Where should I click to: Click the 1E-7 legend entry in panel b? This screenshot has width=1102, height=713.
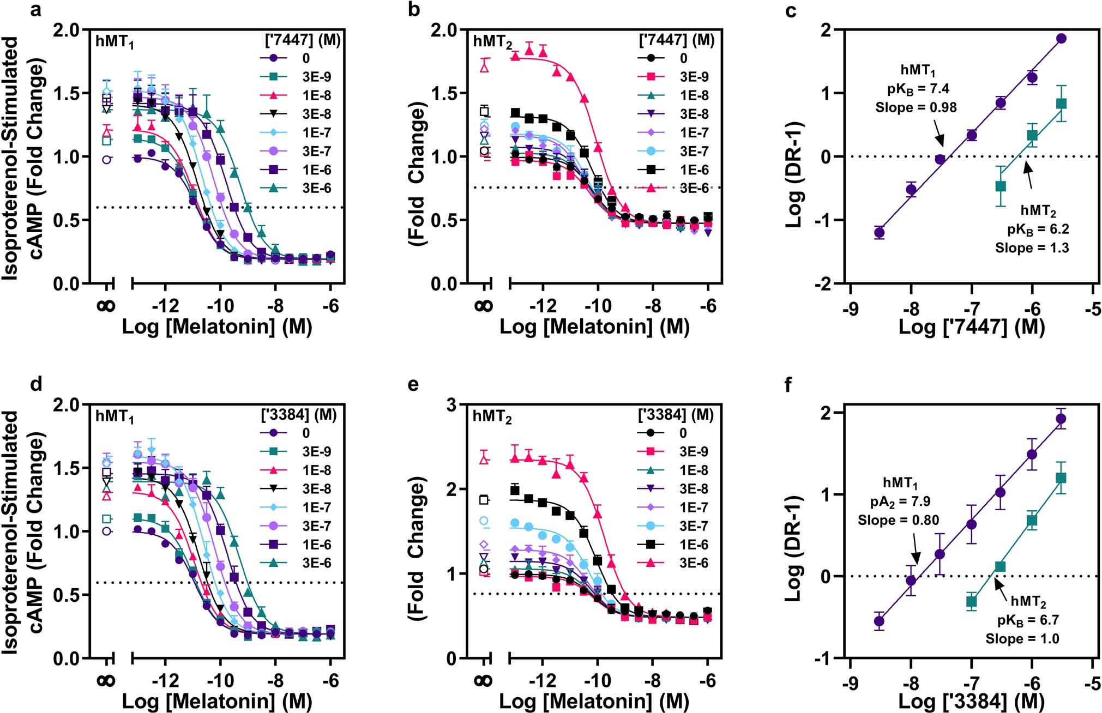(679, 132)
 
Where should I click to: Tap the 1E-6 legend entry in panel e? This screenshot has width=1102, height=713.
(679, 544)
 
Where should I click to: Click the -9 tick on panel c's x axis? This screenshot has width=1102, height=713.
(850, 309)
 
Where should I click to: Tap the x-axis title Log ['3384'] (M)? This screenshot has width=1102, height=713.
(971, 701)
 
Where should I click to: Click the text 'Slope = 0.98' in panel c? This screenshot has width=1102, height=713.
(916, 107)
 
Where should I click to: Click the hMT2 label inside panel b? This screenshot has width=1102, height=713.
(492, 43)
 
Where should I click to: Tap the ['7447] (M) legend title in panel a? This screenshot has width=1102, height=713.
(300, 40)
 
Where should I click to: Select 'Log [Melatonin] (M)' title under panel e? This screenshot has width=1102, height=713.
(594, 701)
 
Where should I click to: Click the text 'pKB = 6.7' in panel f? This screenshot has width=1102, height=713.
(1028, 621)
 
